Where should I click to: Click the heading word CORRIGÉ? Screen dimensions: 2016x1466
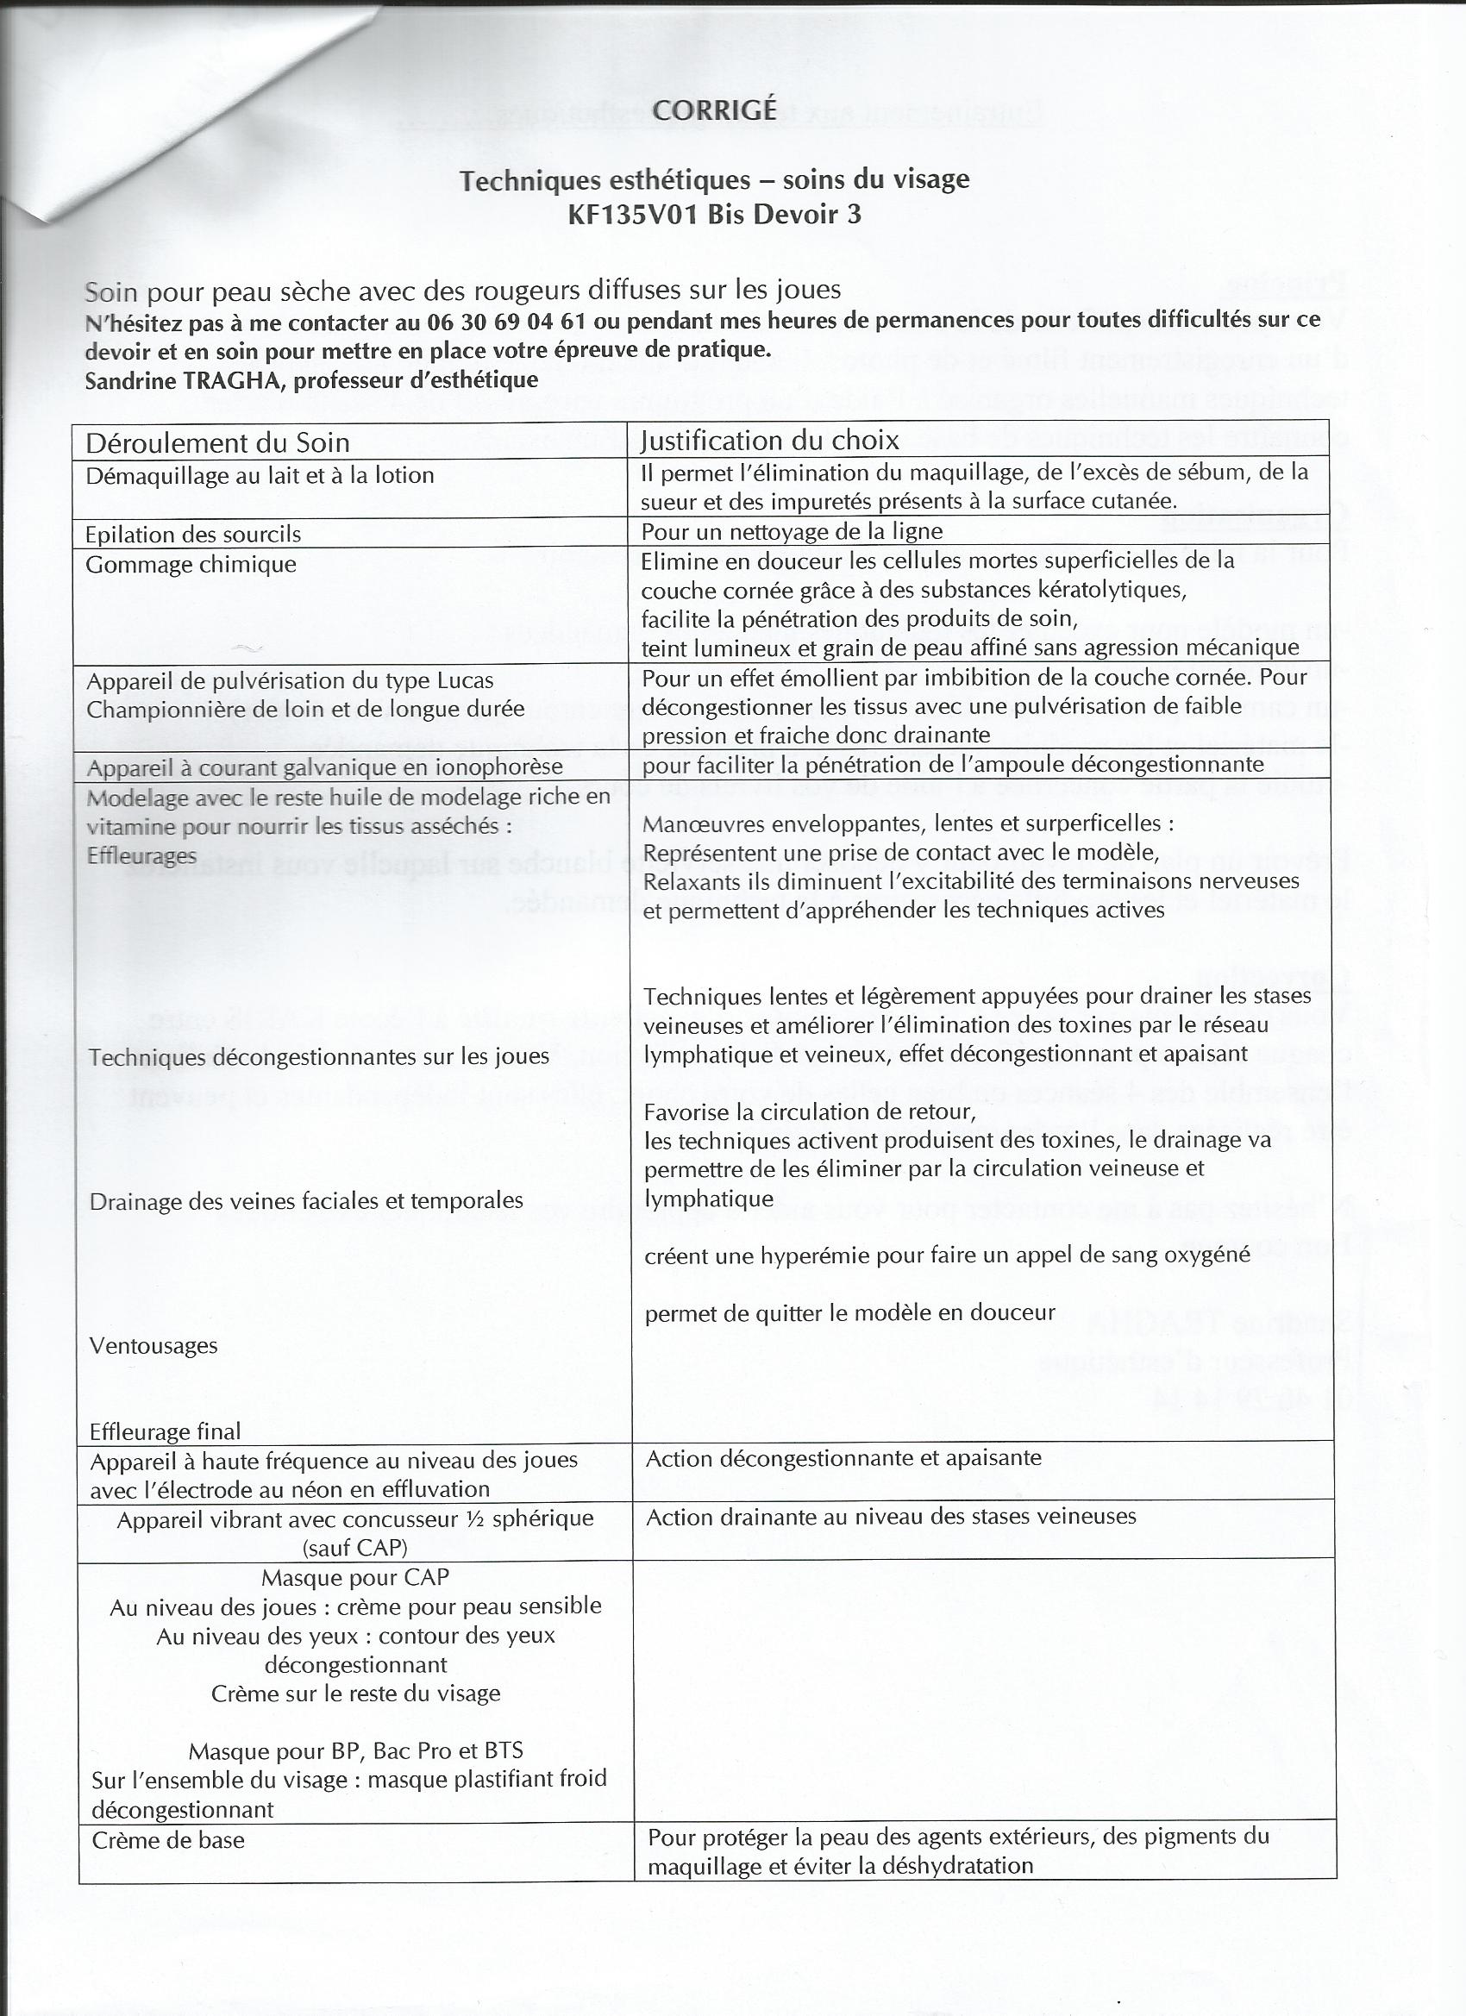click(x=714, y=110)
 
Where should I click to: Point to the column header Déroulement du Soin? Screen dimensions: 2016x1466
click(x=217, y=442)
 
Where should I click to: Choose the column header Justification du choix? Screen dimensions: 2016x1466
click(x=770, y=440)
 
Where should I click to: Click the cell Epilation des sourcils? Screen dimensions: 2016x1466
click(x=193, y=535)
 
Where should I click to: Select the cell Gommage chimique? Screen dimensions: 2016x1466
click(x=191, y=565)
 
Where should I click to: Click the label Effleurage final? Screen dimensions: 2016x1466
click(x=166, y=1431)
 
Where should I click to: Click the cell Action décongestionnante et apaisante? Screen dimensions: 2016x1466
click(x=843, y=1458)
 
